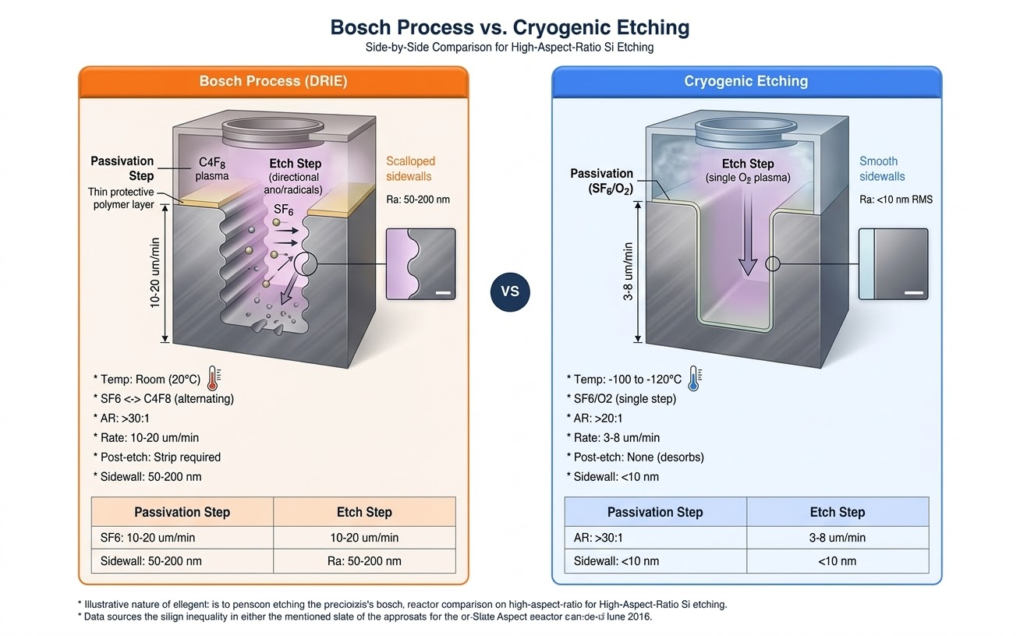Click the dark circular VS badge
tap(510, 291)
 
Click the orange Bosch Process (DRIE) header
tap(273, 81)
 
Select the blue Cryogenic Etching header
tap(746, 81)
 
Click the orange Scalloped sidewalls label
tap(410, 168)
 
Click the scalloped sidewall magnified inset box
tap(420, 264)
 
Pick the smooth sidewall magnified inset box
tap(893, 264)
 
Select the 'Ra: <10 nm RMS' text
tap(895, 200)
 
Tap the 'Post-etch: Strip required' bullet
tap(157, 457)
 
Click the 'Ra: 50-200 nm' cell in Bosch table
tap(364, 560)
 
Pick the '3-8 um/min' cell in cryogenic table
tap(838, 538)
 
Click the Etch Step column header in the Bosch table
tap(364, 512)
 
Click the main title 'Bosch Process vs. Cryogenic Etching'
tap(510, 27)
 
